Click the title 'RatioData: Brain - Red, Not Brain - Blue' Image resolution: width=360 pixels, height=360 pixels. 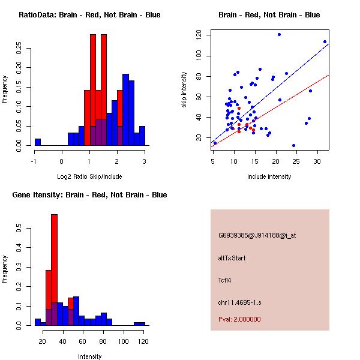(89, 15)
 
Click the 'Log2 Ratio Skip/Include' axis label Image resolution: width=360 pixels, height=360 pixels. (89, 177)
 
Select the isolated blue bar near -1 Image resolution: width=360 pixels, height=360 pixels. (38, 142)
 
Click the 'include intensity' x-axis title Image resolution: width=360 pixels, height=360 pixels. (269, 177)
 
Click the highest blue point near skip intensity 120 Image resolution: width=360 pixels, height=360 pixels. (279, 35)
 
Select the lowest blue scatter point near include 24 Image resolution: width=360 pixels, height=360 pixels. (293, 145)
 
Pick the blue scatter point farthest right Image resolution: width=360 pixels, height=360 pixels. (325, 42)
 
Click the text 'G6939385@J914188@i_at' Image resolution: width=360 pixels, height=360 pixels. (257, 235)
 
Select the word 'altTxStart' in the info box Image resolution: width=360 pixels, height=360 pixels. (232, 258)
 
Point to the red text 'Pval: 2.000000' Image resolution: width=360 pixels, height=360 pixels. (239, 319)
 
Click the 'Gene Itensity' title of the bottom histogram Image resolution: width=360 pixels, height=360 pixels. (89, 195)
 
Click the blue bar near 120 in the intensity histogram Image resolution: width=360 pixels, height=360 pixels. (139, 323)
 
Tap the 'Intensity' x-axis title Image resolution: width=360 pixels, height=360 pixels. (89, 357)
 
